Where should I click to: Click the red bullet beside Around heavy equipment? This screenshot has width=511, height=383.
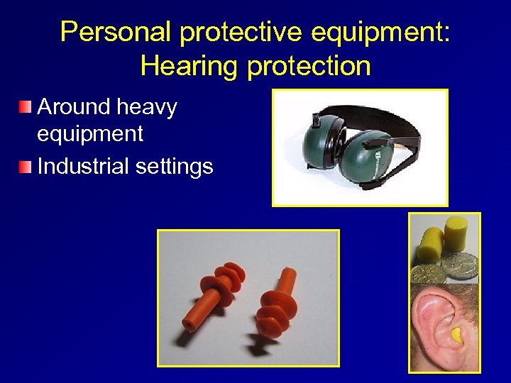[26, 108]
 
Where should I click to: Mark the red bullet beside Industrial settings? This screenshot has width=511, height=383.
[26, 167]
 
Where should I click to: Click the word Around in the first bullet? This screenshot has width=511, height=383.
[74, 108]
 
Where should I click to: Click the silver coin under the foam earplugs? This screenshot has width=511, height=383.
[454, 267]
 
